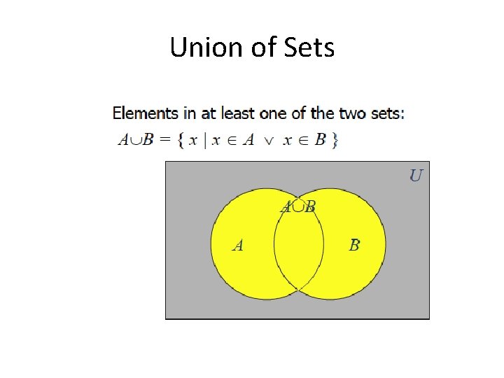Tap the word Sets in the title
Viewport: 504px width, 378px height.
(308, 48)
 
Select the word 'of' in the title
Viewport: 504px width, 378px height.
(260, 48)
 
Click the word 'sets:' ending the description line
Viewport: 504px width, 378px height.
(386, 113)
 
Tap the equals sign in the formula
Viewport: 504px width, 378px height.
(165, 140)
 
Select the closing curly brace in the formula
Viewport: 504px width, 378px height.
(335, 141)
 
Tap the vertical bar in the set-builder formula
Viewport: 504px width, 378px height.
(204, 141)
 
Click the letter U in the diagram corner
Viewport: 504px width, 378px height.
(416, 175)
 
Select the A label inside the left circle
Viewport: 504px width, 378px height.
(238, 246)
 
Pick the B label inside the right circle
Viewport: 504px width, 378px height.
(355, 245)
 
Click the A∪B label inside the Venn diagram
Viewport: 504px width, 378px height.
(298, 206)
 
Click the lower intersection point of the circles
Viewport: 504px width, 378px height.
(299, 289)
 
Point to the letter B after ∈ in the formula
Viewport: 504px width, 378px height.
(320, 140)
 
